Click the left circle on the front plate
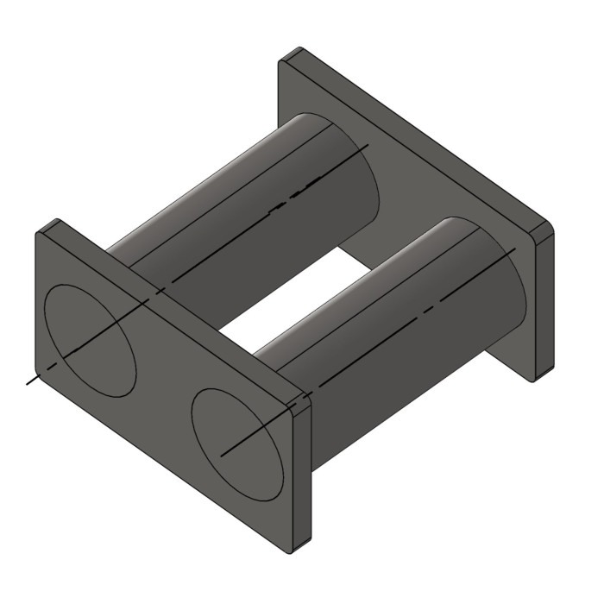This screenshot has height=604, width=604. (x=90, y=337)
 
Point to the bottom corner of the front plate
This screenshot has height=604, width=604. (x=298, y=550)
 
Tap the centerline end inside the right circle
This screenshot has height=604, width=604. (x=223, y=454)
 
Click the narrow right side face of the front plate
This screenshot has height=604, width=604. (x=302, y=475)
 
